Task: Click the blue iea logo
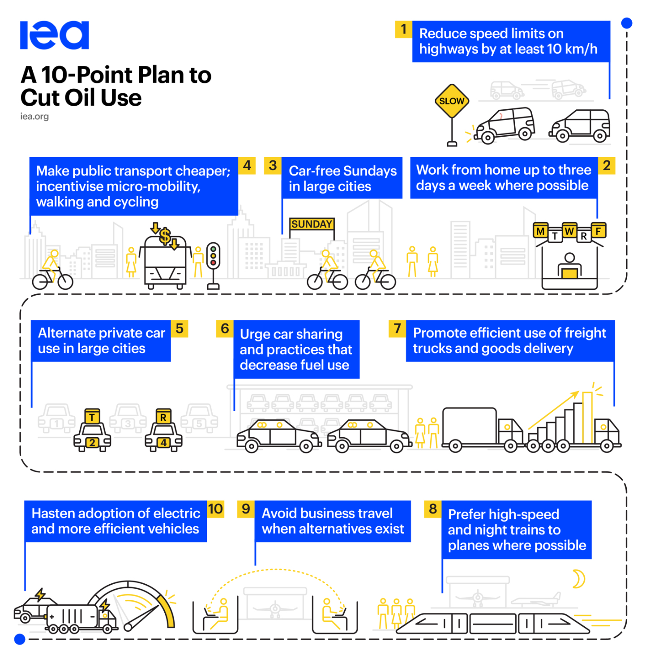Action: tap(54, 35)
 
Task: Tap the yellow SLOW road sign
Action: tap(452, 101)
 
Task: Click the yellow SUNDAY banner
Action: tap(312, 224)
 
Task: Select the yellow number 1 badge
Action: tap(403, 29)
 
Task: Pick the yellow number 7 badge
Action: tap(397, 328)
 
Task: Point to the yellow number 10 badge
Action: tap(215, 509)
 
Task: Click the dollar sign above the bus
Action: tap(165, 236)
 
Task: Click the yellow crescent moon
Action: tap(579, 578)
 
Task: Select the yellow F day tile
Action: tap(599, 231)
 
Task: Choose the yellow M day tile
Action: tap(540, 231)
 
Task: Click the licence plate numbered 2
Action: tap(92, 442)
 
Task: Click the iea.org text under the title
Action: tap(34, 116)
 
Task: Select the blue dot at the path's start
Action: tap(627, 23)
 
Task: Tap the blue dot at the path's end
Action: tap(20, 639)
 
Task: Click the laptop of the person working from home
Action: tap(569, 273)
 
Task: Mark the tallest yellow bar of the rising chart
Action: tap(587, 418)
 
